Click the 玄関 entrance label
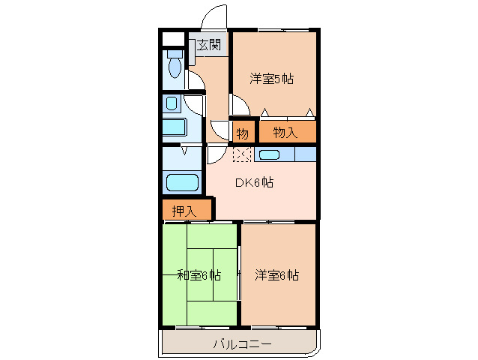[209, 46]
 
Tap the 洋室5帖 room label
[271, 78]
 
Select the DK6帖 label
[255, 182]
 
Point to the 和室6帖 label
[199, 274]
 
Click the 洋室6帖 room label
[276, 274]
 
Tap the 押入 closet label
[184, 211]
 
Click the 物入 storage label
[285, 133]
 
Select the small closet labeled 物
[243, 133]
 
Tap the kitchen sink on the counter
[269, 155]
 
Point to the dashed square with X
[242, 154]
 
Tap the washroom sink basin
[172, 103]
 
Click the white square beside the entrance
[172, 39]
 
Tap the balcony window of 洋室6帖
[278, 327]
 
